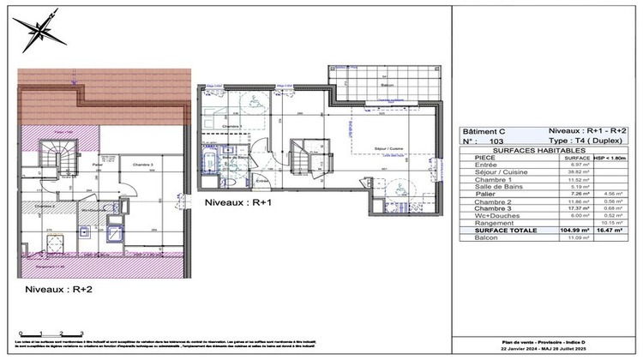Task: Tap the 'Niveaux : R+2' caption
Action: point(59,290)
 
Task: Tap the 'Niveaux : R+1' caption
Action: point(238,203)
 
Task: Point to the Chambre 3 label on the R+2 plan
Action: point(143,164)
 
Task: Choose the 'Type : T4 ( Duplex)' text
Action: point(586,139)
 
